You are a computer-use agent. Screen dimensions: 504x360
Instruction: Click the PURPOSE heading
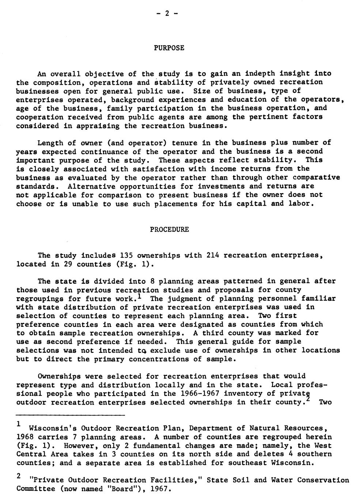tap(169, 48)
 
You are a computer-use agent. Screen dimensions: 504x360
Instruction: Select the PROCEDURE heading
tap(169, 230)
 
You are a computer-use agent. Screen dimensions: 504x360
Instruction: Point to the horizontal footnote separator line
tap(71, 415)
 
